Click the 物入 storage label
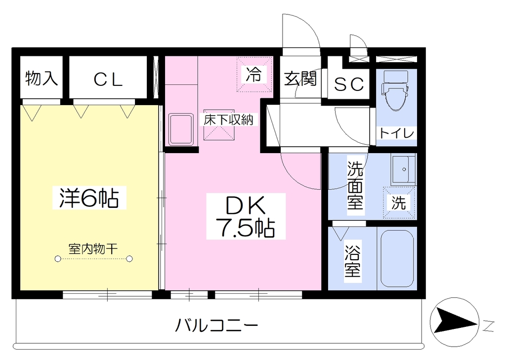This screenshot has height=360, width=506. [42, 78]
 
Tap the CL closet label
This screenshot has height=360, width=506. [108, 80]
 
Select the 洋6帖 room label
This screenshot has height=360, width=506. [89, 198]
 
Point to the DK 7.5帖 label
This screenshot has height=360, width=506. [246, 216]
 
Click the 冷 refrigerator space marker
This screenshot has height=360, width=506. [254, 75]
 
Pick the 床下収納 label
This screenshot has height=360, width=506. [229, 120]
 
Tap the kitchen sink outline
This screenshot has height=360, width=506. [181, 129]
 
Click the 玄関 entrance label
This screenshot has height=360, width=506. [300, 79]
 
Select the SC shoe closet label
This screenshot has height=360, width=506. [349, 84]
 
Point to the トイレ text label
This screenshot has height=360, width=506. [396, 132]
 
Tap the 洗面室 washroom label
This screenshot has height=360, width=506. [355, 185]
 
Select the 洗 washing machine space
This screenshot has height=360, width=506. [399, 203]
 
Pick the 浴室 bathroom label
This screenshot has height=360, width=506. [352, 262]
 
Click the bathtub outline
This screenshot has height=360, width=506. [397, 258]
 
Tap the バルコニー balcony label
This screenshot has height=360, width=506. [216, 325]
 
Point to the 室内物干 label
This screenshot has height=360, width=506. [93, 249]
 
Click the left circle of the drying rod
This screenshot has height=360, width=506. [58, 259]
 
